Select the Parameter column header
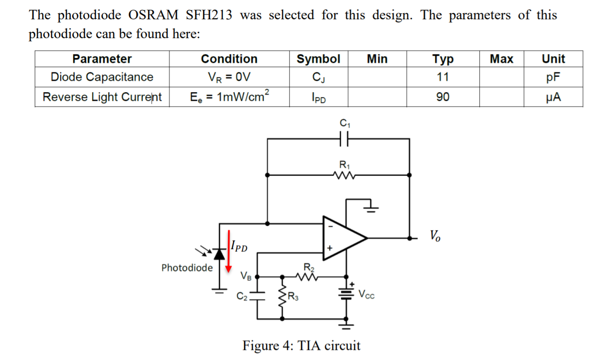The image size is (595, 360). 102,59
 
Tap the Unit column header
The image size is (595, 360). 553,59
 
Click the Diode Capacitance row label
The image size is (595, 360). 102,77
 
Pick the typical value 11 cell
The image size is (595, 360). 442,77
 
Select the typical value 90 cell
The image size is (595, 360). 442,97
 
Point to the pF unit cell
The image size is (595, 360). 553,77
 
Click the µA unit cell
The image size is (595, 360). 553,97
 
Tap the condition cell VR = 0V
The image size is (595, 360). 229,77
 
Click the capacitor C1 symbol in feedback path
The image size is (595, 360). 344,139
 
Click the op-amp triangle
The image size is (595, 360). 343,237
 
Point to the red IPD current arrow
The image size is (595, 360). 229,251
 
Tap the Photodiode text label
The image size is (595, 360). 187,268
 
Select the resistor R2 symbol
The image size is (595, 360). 308,277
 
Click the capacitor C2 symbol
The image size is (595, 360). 257,295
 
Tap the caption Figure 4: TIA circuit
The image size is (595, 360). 301,346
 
